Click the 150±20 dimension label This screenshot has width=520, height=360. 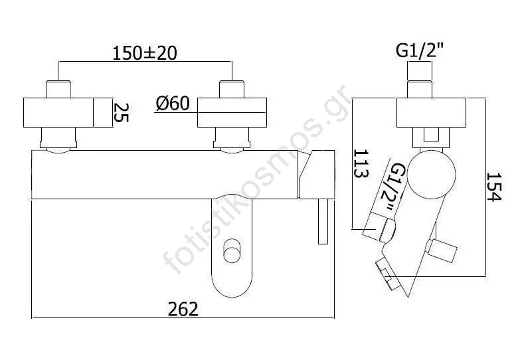pos(145,53)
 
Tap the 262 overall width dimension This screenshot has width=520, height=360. pos(183,310)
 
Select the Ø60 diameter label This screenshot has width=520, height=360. pos(173,103)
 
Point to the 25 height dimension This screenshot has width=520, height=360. pos(122,113)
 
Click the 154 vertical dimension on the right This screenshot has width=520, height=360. pos(495,187)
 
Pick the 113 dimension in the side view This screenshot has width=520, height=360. pos(361,163)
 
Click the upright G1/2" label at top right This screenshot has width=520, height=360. pos(420,50)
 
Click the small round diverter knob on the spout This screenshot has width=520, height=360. pos(232,251)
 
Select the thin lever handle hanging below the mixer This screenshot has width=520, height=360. pos(323,221)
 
